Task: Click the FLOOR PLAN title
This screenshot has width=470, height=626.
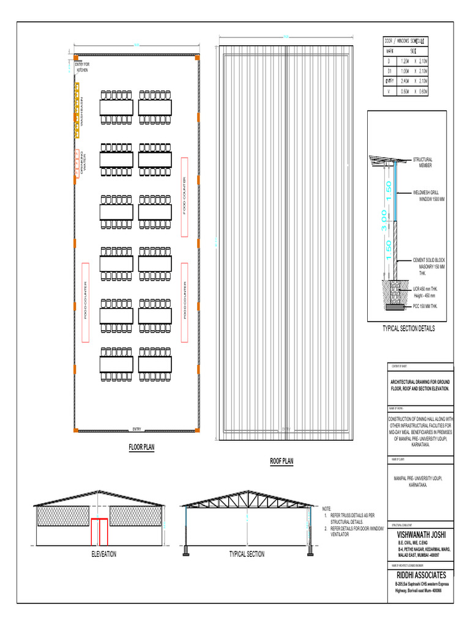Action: tap(141, 447)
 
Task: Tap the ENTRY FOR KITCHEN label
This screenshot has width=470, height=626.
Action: tap(82, 67)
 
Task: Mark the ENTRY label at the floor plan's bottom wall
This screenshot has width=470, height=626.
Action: tap(136, 429)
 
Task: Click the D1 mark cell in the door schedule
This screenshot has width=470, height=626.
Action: tap(389, 71)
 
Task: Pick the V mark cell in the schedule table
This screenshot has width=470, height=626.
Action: tap(389, 90)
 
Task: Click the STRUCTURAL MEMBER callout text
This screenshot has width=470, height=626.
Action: tap(423, 163)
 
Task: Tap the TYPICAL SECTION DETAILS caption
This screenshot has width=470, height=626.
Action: tap(408, 328)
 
